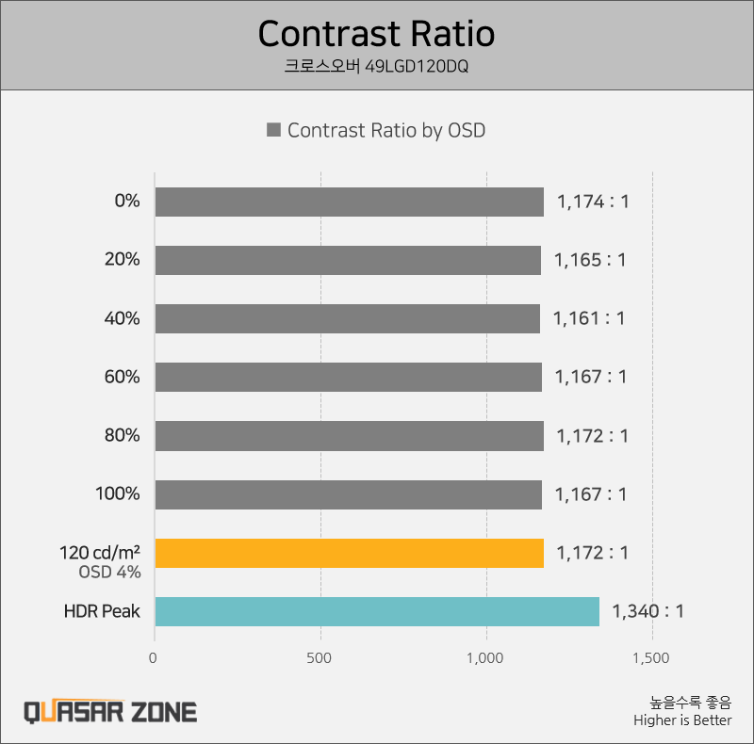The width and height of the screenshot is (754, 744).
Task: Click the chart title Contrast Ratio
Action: point(376,34)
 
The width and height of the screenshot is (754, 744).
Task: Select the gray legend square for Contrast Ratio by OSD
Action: point(273,131)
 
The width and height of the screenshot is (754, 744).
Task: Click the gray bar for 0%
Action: point(349,202)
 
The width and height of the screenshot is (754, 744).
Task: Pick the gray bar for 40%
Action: point(347,318)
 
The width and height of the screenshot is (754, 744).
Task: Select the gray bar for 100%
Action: point(348,494)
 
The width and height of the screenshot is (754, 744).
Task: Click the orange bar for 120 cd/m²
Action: point(349,553)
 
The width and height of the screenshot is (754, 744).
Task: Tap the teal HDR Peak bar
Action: point(377,611)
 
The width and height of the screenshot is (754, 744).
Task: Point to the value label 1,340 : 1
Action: point(647,611)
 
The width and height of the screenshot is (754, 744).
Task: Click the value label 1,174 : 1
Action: point(592,202)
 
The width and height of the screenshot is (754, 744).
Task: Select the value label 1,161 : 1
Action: point(589,318)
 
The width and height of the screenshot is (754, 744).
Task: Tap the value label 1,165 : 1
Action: point(590,260)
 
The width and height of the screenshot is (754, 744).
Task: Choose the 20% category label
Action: point(122,260)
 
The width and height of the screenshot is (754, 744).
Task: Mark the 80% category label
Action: point(122,436)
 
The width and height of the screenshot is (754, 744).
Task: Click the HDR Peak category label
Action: point(102,611)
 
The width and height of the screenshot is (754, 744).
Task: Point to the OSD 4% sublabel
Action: point(109,572)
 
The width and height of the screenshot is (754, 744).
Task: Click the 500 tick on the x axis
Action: point(320,658)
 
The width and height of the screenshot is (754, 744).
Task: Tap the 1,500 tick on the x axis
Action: point(651,658)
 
